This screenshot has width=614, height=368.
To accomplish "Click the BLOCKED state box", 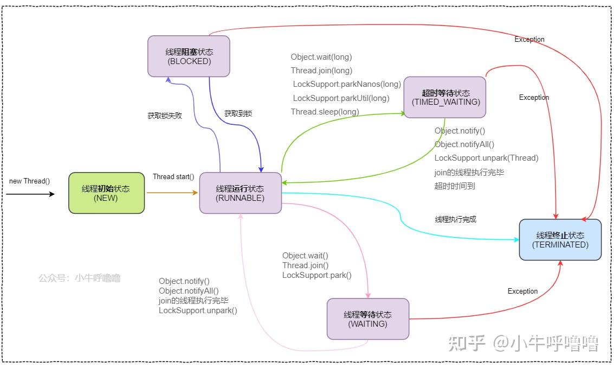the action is click(x=189, y=56).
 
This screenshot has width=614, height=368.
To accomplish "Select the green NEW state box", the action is click(x=107, y=193).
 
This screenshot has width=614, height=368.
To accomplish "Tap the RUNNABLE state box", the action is click(x=241, y=193).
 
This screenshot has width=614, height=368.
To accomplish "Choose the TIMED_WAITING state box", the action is click(x=445, y=97).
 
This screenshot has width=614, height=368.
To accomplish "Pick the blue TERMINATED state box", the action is click(x=560, y=240).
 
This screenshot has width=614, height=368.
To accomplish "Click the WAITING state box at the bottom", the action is click(x=368, y=319).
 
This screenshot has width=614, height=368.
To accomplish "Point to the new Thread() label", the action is click(x=29, y=181).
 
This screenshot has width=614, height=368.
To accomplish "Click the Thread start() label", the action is click(x=173, y=177).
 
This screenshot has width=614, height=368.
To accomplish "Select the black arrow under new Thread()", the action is click(x=30, y=194).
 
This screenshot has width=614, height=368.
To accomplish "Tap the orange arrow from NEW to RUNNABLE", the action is click(x=172, y=193).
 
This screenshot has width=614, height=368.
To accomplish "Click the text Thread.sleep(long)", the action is click(x=325, y=112).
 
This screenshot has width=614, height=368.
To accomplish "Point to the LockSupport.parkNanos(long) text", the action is click(x=347, y=84).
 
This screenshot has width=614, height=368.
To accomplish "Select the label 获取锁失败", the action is click(x=165, y=116).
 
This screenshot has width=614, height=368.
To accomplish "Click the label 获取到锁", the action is click(x=238, y=114).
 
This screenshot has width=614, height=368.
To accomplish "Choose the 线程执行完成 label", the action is click(x=456, y=219).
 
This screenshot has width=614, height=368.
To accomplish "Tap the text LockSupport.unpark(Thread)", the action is click(x=486, y=158).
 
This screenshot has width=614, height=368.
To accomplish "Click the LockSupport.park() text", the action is click(x=317, y=275).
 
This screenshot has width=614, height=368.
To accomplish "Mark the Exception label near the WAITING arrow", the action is click(x=523, y=291).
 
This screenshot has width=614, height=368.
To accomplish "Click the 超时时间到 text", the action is click(x=455, y=186).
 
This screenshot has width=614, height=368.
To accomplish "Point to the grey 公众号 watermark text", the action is click(x=80, y=278).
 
